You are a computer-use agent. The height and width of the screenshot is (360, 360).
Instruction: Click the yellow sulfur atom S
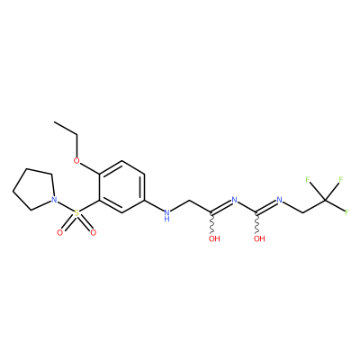coord(76,213)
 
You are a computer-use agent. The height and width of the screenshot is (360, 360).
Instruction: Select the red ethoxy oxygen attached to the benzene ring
coord(76,160)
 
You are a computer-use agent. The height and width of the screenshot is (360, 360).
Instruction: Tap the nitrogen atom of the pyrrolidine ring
coord(54,200)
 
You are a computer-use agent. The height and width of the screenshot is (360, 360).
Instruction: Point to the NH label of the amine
coord(167,215)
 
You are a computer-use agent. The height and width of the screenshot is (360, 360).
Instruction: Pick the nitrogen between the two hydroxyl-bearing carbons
coord(235,200)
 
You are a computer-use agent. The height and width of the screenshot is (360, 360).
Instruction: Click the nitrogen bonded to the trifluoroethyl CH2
coord(280,200)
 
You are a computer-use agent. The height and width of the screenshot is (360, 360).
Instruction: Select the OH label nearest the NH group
coord(214,238)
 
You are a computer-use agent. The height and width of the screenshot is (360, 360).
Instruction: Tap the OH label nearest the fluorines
coord(259,238)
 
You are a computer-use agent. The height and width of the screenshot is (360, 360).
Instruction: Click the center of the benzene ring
coord(121,187)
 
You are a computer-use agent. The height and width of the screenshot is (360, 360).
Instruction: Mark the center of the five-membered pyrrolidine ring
coord(35,189)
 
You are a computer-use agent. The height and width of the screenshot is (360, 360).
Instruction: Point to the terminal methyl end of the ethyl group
coord(54,122)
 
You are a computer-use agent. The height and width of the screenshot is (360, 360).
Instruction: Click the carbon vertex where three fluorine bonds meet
coord(325,200)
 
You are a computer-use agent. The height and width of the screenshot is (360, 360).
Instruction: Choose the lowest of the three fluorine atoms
coord(347,212)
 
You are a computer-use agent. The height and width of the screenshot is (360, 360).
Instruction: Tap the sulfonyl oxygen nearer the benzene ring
coord(94,232)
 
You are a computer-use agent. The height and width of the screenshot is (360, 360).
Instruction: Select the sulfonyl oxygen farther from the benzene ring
coord(60,232)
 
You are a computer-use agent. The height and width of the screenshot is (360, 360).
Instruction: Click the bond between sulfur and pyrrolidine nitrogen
coord(66,206)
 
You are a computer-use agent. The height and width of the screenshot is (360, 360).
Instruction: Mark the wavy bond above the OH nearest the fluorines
coord(257,223)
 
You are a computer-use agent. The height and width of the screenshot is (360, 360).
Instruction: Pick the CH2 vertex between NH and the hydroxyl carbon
coord(190,200)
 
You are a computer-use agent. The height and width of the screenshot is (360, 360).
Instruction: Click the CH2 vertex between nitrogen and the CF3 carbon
coord(302,213)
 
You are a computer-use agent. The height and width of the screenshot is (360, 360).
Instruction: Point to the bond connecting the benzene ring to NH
coord(154,205)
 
